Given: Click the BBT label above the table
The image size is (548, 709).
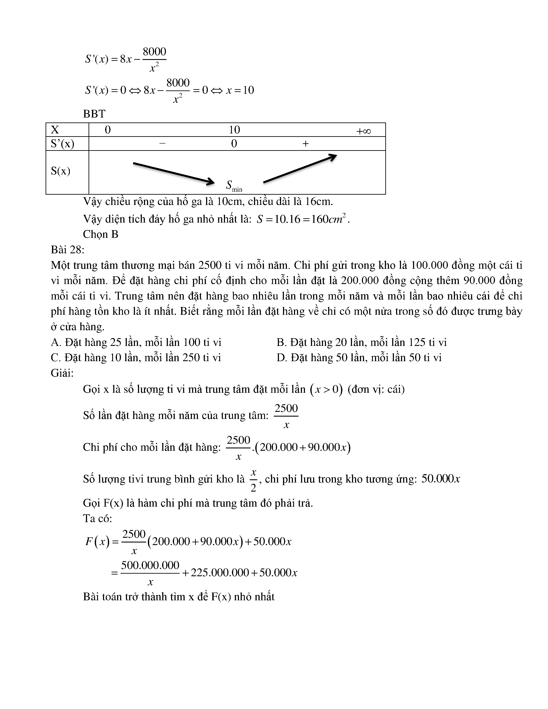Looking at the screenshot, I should (94, 114).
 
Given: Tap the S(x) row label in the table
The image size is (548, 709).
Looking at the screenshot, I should (60, 171).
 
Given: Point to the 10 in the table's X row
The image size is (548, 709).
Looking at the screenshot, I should (234, 130).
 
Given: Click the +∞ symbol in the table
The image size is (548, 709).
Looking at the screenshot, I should (363, 131).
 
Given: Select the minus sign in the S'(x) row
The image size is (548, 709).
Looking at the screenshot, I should (162, 143).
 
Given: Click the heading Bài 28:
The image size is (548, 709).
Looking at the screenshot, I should (67, 250).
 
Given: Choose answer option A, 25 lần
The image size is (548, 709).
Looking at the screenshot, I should (136, 342).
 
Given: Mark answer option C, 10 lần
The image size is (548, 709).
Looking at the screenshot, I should (136, 358).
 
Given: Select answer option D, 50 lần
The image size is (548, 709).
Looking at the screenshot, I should (359, 358).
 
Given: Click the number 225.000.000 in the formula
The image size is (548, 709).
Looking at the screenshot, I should (220, 572).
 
